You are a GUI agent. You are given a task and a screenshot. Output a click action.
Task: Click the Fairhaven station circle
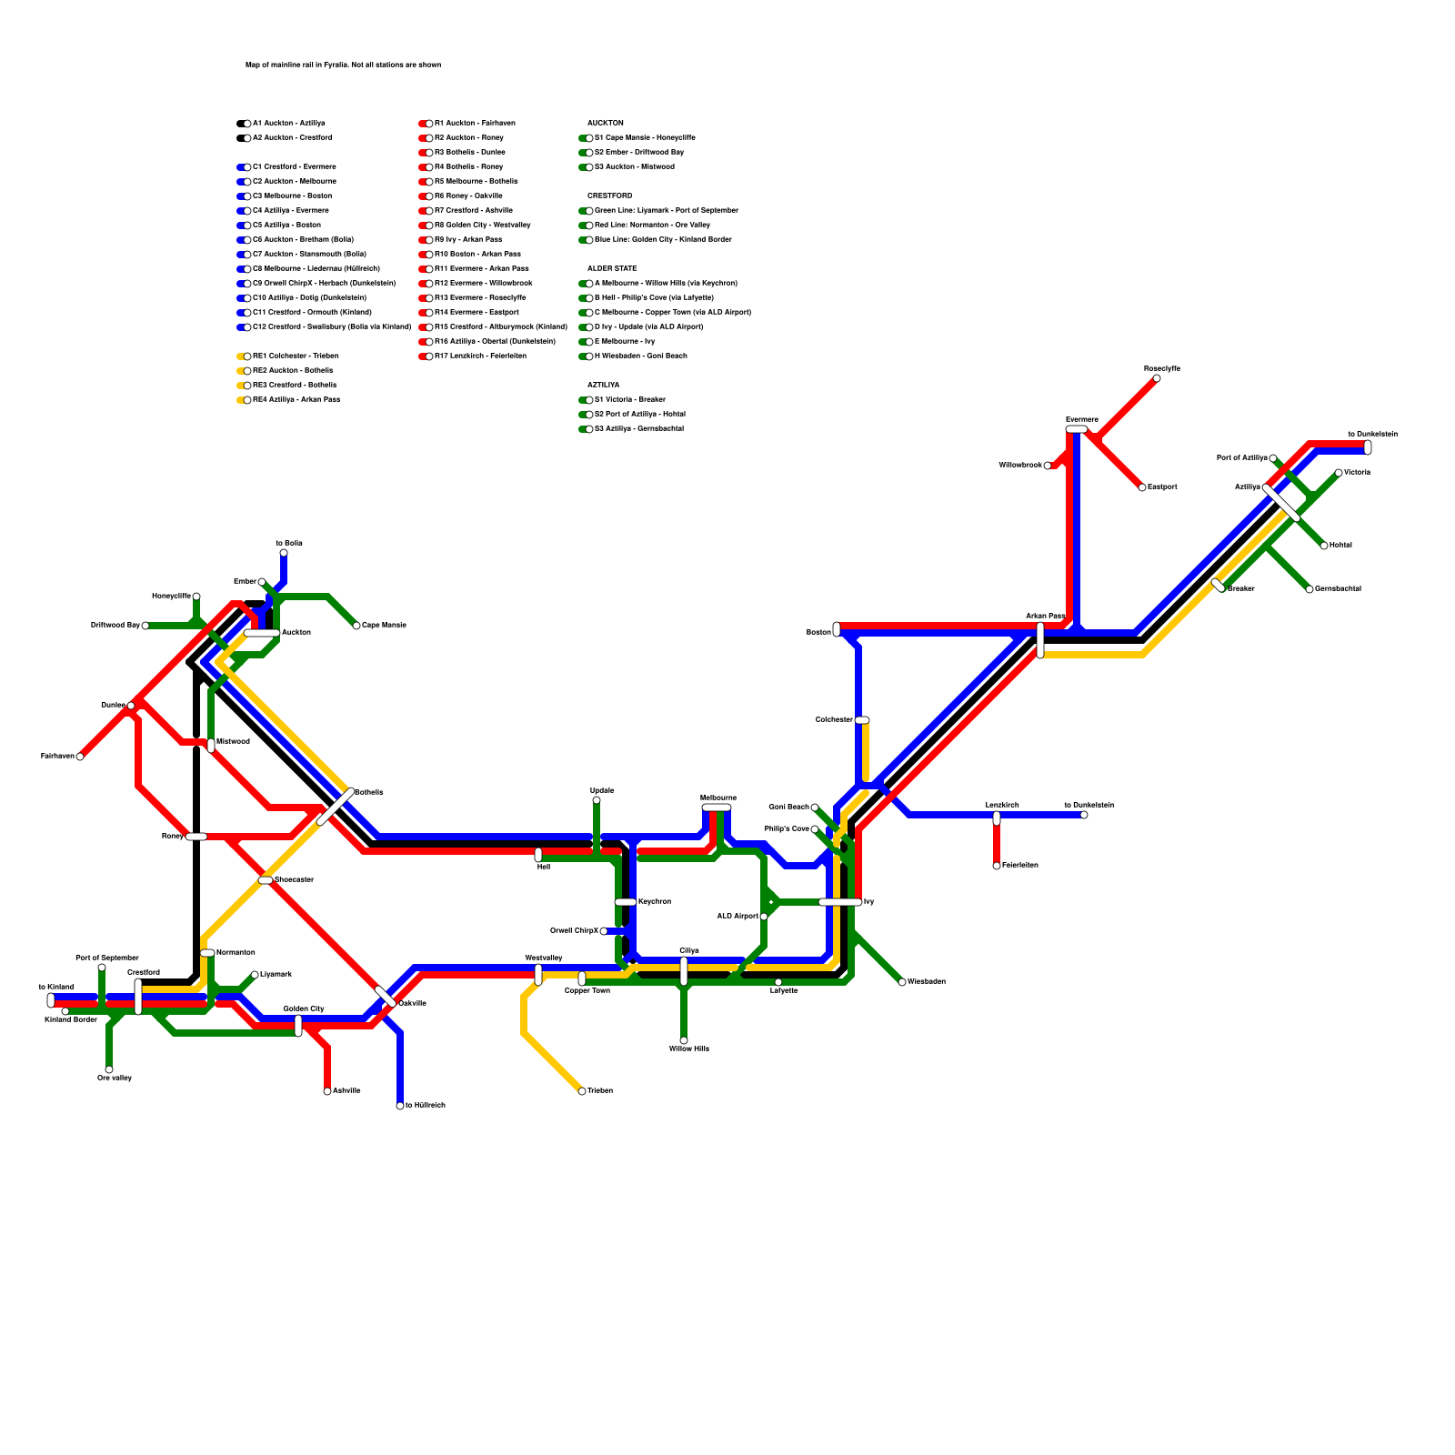pyautogui.click(x=80, y=757)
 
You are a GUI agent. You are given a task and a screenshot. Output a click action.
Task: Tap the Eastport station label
pyautogui.click(x=1162, y=487)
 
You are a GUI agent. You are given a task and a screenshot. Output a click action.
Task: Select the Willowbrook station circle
pyautogui.click(x=1048, y=466)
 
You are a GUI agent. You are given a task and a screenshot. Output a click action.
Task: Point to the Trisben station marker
pyautogui.click(x=582, y=1091)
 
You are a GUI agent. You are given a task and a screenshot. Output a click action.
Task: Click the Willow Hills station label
pyautogui.click(x=688, y=1049)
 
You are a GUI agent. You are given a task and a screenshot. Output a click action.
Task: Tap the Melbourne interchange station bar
pyautogui.click(x=717, y=808)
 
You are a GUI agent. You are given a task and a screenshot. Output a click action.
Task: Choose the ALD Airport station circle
pyautogui.click(x=764, y=917)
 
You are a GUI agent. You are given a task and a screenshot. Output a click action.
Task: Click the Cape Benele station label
pyautogui.click(x=384, y=626)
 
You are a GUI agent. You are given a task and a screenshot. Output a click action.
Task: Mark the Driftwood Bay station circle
pyautogui.click(x=145, y=626)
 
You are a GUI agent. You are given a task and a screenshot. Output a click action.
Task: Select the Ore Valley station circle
pyautogui.click(x=109, y=1069)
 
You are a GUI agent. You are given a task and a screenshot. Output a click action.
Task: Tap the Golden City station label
pyautogui.click(x=304, y=1008)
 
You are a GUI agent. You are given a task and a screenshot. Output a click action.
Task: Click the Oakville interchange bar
pyautogui.click(x=386, y=997)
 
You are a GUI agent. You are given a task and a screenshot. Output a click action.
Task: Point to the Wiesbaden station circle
pyautogui.click(x=902, y=982)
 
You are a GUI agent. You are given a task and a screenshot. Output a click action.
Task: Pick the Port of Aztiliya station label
pyautogui.click(x=1241, y=458)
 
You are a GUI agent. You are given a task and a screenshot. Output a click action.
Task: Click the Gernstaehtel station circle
pyautogui.click(x=1309, y=589)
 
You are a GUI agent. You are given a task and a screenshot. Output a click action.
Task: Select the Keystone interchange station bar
pyautogui.click(x=626, y=902)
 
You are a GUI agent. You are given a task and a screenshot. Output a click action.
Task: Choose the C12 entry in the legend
pyautogui.click(x=332, y=327)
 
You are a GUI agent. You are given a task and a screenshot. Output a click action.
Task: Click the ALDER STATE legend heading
pyautogui.click(x=612, y=269)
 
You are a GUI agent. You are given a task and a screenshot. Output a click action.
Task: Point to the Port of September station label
pyautogui.click(x=107, y=958)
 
